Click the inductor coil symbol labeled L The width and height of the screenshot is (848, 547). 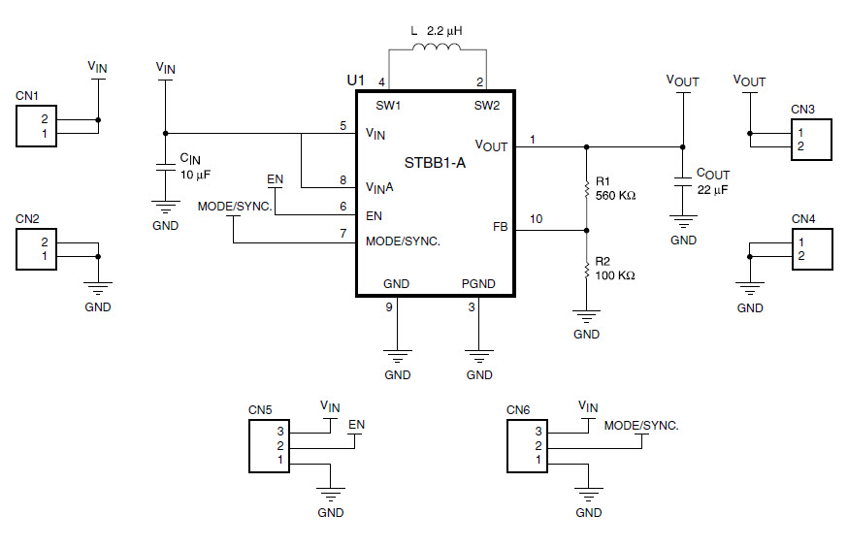tap(437, 49)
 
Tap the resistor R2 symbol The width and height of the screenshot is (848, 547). tap(586, 270)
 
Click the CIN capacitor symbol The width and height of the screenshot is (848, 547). tap(165, 168)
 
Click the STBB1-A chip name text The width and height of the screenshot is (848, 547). tap(435, 163)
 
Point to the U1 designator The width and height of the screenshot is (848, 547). tap(356, 80)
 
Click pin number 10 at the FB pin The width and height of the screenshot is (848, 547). tap(537, 219)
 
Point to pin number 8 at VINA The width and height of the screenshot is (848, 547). tap(342, 179)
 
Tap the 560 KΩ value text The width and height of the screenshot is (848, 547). tap(616, 196)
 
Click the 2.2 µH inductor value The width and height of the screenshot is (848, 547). tap(445, 31)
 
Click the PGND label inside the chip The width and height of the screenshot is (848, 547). tap(479, 284)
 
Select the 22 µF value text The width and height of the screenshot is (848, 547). tap(712, 190)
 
